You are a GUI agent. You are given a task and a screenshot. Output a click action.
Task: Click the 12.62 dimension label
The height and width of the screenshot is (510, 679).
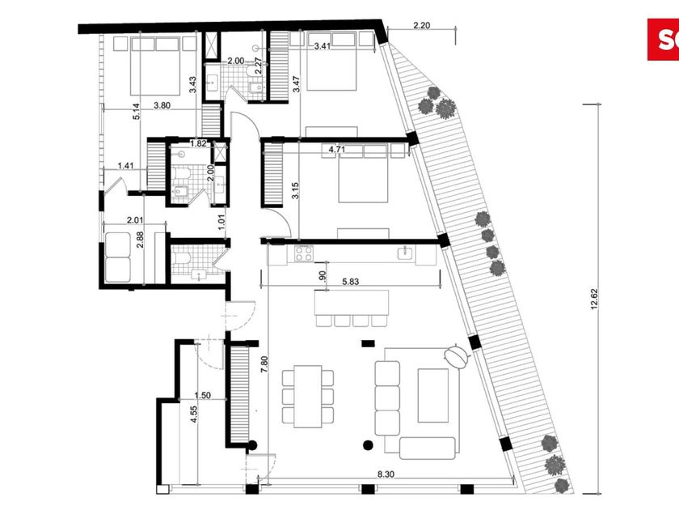tap(593, 300)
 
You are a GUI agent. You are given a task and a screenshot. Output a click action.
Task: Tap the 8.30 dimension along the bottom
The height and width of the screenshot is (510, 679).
tap(386, 474)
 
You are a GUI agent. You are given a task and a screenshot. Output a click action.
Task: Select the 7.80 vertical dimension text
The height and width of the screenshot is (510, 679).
tap(264, 364)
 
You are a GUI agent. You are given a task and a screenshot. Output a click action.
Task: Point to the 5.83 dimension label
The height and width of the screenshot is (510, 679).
tap(350, 282)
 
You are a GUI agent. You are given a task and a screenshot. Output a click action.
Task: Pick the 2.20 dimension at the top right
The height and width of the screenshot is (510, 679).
tap(421, 26)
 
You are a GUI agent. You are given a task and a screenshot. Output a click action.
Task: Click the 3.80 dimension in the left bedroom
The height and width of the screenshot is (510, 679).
tap(162, 105)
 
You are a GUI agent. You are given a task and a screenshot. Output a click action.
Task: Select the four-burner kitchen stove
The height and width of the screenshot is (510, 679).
tap(304, 253)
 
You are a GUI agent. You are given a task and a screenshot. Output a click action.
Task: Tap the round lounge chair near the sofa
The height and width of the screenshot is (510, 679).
tap(456, 356)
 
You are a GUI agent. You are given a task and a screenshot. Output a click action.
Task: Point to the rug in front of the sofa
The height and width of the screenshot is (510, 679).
tap(433, 395)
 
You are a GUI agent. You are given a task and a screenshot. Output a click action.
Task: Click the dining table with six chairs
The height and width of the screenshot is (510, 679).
tap(308, 397)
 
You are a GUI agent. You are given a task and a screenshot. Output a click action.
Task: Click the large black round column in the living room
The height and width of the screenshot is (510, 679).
tap(368, 444)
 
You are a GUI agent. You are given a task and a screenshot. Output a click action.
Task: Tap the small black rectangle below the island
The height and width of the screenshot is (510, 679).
tap(368, 343)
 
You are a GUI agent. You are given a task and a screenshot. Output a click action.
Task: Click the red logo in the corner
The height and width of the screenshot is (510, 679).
tap(663, 40)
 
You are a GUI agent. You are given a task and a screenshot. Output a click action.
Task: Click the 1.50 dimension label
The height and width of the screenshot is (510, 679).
tap(203, 395)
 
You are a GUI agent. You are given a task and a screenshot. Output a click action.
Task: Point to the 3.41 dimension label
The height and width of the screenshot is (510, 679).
tap(323, 46)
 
